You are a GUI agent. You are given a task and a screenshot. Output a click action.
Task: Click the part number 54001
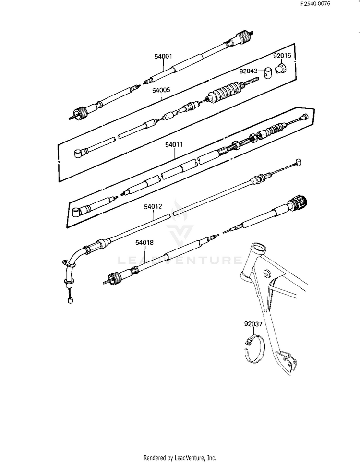coord(163,56)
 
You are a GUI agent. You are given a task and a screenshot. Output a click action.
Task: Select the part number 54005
coord(161,90)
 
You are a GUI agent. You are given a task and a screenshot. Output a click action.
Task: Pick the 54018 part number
coord(144,243)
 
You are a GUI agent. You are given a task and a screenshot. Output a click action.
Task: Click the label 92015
coord(282,56)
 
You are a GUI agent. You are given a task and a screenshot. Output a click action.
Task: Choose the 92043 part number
coord(249,71)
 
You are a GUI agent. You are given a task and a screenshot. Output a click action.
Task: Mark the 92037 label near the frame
coord(253,324)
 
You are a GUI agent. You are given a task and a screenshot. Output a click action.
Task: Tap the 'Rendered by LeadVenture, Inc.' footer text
coord(180,457)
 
